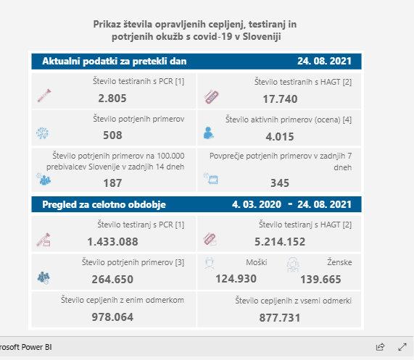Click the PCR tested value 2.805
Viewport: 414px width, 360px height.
coord(112,99)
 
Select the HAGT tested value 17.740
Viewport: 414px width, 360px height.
coord(280,99)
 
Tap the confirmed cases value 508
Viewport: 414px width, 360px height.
coord(112,135)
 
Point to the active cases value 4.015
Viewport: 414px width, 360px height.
coord(280,137)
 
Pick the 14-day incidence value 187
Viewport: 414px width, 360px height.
coord(112,183)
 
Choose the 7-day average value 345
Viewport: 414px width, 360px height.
coord(280,183)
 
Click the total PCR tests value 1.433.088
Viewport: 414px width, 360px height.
coord(112,242)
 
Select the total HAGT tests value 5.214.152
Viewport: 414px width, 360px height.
coord(280,242)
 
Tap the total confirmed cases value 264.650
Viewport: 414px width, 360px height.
coord(112,280)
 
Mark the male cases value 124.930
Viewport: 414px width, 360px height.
coord(236,279)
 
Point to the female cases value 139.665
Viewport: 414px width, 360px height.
coord(320,280)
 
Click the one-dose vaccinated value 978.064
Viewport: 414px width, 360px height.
coord(112,317)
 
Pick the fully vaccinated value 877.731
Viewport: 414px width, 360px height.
coord(280,317)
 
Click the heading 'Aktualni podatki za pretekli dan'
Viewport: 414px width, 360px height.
coord(115,61)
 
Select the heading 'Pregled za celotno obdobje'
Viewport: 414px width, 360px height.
coord(104,204)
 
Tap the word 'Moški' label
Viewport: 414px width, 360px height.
coord(257,262)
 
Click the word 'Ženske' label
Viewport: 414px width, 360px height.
coord(339,262)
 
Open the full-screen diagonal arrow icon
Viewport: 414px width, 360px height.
coord(402,347)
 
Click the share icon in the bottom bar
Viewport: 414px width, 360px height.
coord(380,347)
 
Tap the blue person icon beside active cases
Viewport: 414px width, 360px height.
coord(208,133)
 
